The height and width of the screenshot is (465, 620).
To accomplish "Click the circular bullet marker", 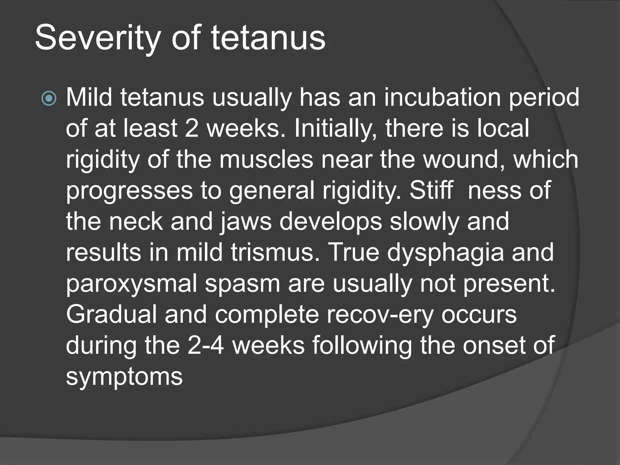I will pos(49,98).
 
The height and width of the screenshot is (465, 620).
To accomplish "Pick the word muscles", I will pos(266,159).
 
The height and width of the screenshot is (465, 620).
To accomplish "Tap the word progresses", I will pos(129,191).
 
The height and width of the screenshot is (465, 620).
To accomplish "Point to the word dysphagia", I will pos(446,253).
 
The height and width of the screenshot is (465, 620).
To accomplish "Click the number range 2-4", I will pos(206,346).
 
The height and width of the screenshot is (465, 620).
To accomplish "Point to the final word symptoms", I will pos(124,377).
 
